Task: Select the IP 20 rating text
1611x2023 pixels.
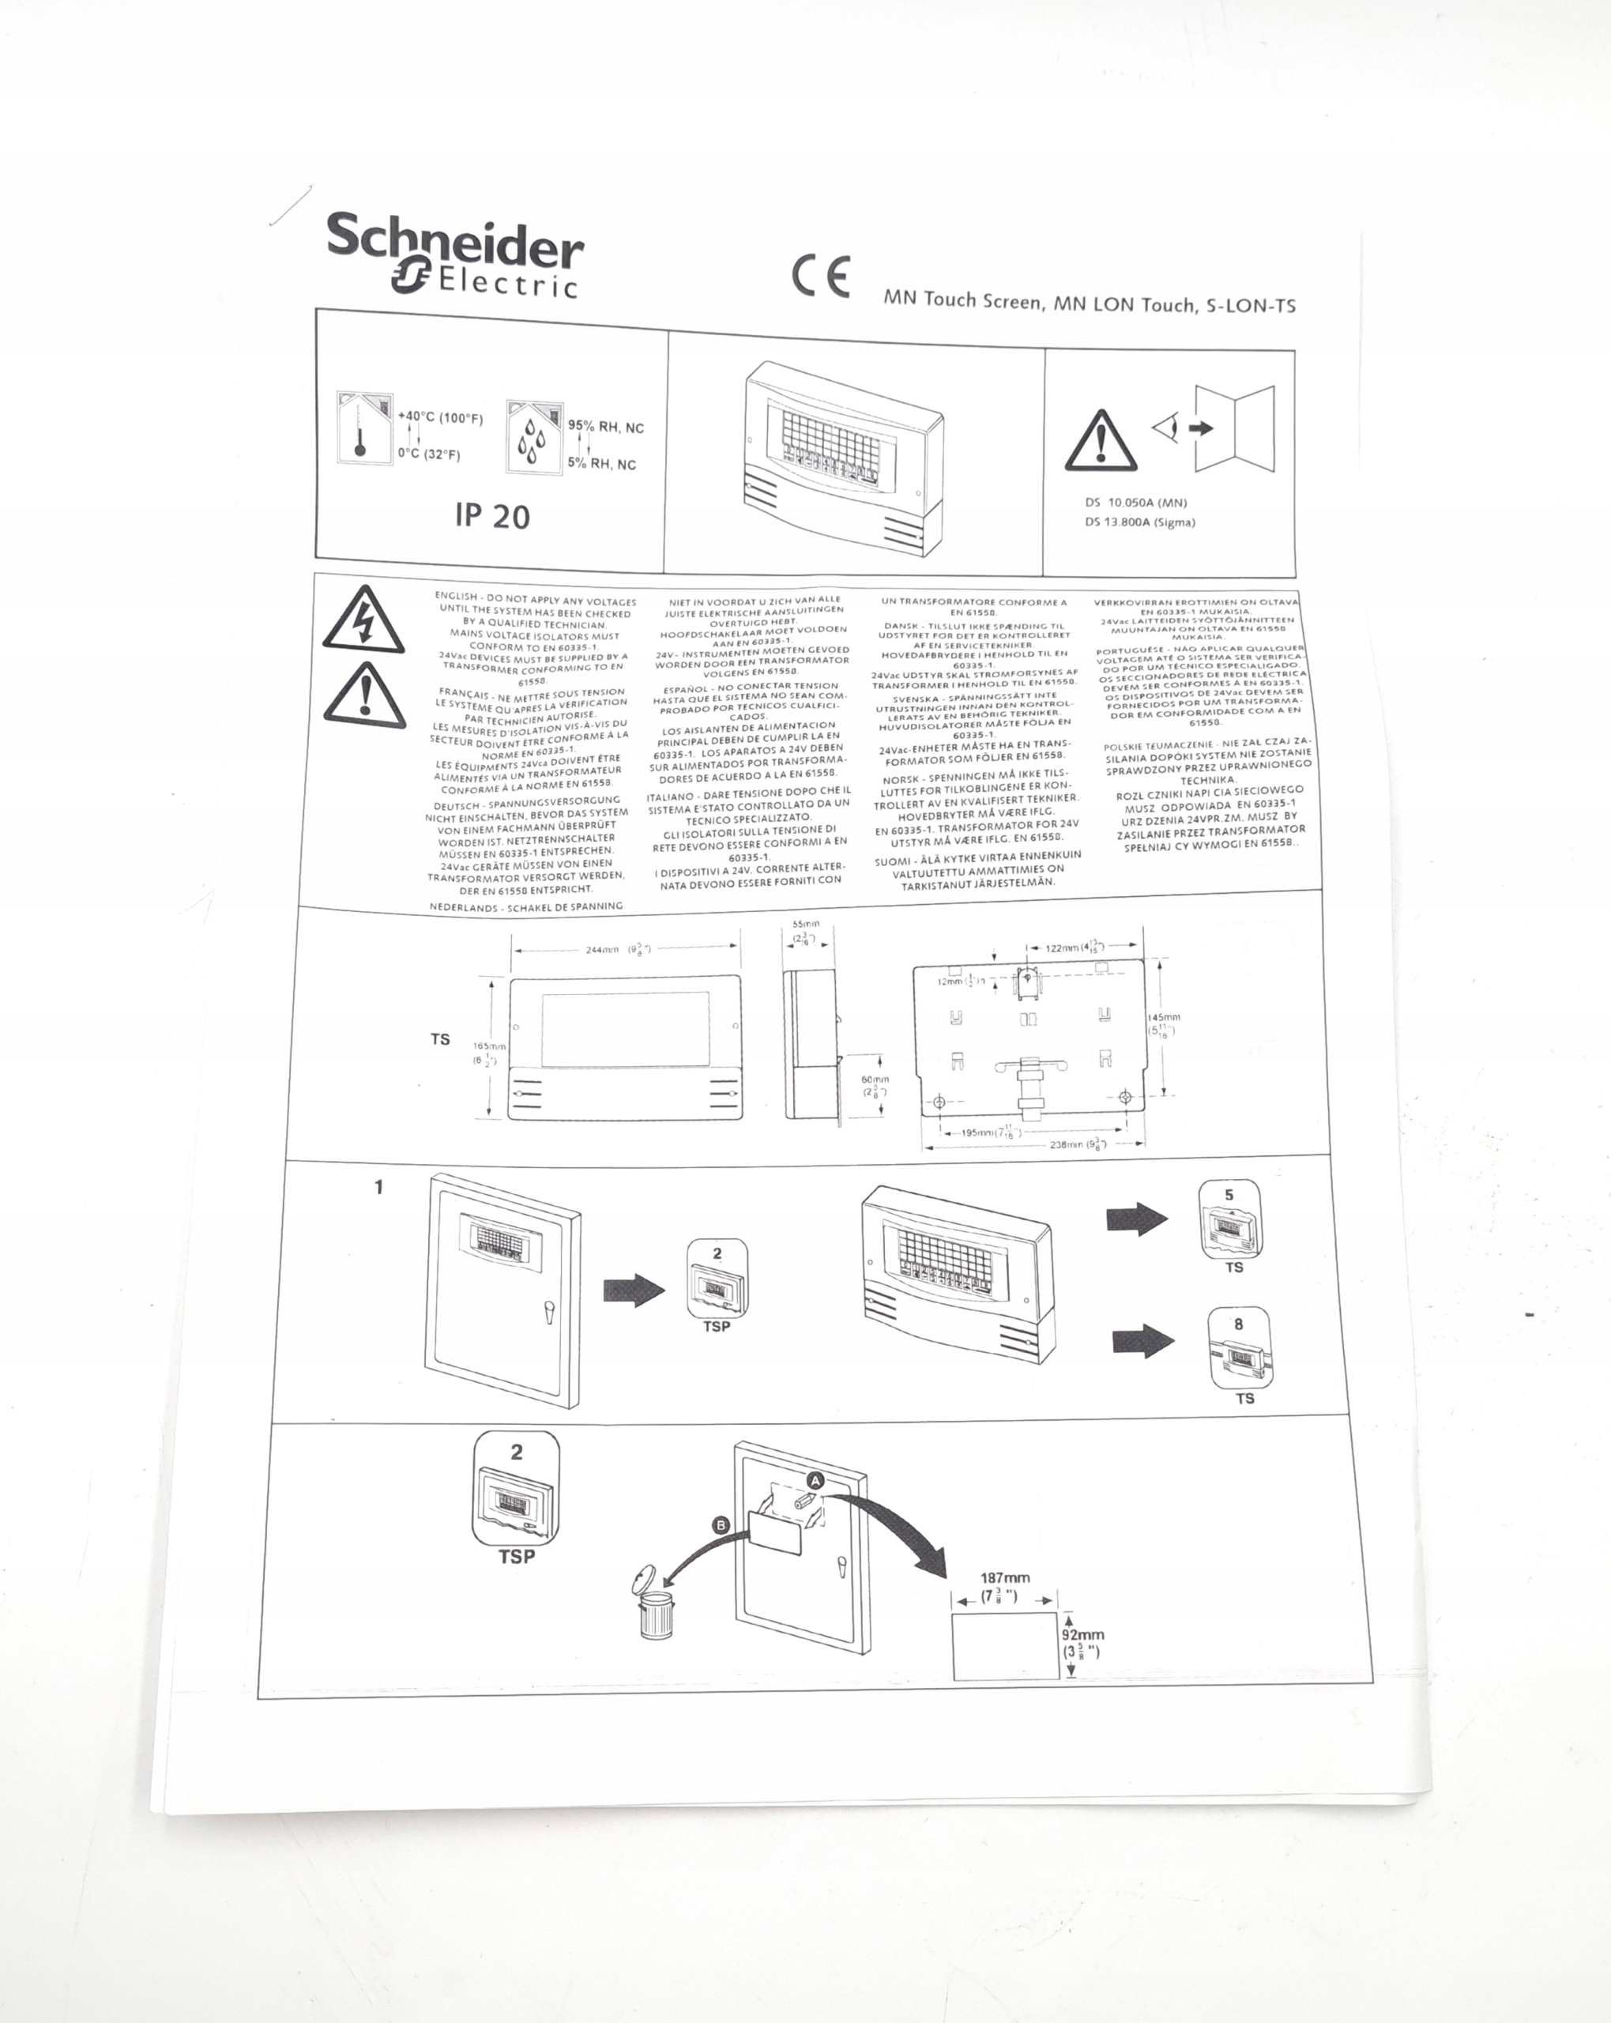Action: coord(491,515)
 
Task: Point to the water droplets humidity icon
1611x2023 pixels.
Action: coord(531,439)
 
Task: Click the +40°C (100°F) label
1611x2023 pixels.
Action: coord(440,417)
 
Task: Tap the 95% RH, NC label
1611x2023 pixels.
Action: coord(605,427)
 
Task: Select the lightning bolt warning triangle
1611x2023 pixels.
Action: coord(364,621)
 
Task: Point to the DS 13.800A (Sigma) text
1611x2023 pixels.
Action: coord(1139,522)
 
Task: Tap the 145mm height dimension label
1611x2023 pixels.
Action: coord(1165,1017)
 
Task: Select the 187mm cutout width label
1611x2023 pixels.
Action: coord(1005,1578)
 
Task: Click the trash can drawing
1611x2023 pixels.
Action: coord(654,1609)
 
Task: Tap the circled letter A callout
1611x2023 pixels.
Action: coord(815,1480)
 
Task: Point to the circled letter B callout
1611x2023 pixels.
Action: coord(721,1526)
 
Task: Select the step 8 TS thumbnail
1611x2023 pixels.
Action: coord(1240,1351)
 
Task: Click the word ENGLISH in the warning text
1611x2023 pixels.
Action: coord(455,596)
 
